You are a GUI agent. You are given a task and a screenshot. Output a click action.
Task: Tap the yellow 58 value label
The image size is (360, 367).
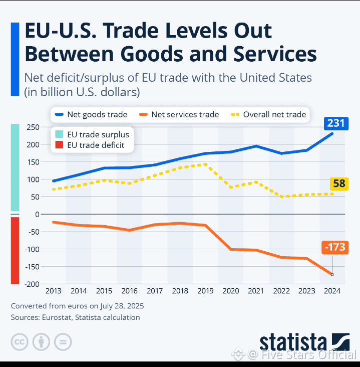pyautogui.click(x=339, y=183)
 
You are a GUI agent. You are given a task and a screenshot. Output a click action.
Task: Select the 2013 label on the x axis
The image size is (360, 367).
pyautogui.click(x=54, y=291)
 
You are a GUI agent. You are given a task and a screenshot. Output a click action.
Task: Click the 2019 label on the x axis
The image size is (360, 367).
pyautogui.click(x=206, y=291)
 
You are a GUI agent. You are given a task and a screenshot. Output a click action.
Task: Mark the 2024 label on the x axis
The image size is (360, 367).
pyautogui.click(x=332, y=291)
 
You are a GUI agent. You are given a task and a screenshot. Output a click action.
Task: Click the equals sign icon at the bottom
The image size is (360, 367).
pyautogui.click(x=63, y=342)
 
